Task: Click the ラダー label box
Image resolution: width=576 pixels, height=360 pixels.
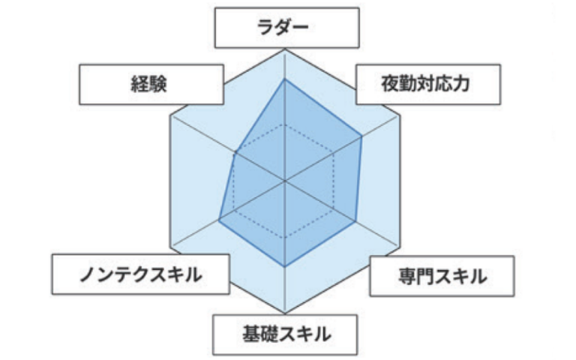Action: [x=285, y=28]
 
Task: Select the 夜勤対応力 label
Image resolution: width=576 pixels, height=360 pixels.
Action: [x=424, y=84]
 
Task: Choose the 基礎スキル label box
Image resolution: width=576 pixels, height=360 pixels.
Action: [x=285, y=333]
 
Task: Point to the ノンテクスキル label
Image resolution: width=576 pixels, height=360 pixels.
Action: [x=140, y=275]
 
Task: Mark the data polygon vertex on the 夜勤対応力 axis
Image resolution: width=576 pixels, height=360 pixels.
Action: [x=361, y=136]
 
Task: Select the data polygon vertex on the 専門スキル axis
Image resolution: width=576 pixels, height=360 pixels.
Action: [x=355, y=221]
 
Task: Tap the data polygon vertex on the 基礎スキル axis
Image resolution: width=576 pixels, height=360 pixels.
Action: [x=285, y=267]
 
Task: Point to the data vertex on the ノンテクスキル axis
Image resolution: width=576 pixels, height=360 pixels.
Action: [x=219, y=220]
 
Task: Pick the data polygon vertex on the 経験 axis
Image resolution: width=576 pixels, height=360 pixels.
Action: [x=235, y=153]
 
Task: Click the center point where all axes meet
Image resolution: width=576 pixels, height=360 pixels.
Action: [x=285, y=181]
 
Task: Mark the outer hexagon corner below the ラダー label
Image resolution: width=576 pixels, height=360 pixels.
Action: [x=285, y=50]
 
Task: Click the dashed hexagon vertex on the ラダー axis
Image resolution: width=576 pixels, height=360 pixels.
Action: [x=285, y=123]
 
